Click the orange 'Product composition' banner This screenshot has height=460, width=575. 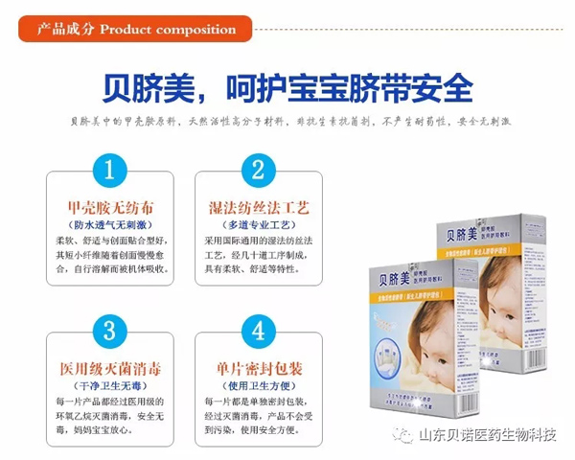pyautogui.click(x=134, y=29)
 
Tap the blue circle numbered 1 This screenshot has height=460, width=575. pyautogui.click(x=111, y=172)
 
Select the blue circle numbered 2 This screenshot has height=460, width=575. pyautogui.click(x=257, y=172)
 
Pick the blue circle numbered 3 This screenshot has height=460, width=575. pyautogui.click(x=111, y=332)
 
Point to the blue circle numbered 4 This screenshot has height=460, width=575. pyautogui.click(x=257, y=332)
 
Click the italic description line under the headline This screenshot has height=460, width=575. pyautogui.click(x=287, y=123)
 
